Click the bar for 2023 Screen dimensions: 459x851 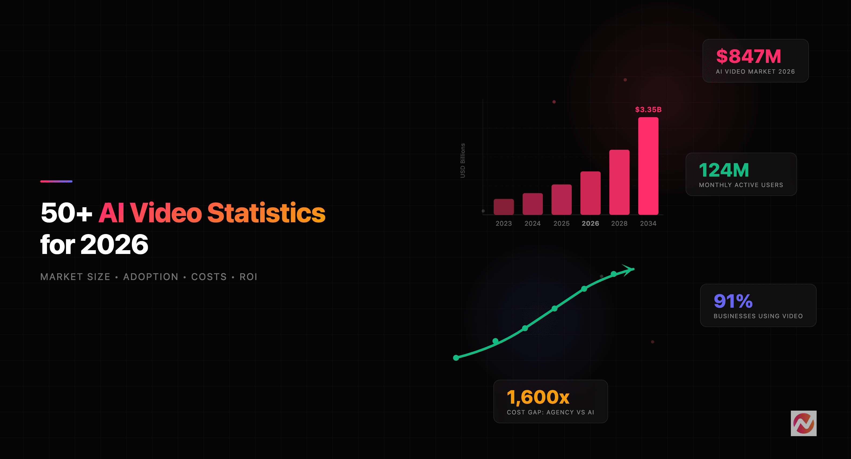503,207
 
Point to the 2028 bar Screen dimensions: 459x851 619,182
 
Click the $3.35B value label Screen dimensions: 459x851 648,109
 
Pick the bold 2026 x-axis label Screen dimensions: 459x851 590,224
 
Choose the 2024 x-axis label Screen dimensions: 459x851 533,224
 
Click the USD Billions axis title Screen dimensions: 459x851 463,160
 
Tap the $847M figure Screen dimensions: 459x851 749,56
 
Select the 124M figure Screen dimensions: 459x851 724,170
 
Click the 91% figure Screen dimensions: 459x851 733,301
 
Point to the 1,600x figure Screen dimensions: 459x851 538,397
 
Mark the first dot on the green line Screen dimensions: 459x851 456,358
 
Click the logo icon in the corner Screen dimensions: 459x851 803,423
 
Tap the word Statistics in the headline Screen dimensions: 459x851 266,213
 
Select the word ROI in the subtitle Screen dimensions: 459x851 248,277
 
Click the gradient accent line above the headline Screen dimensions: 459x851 56,181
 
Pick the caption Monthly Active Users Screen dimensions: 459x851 741,185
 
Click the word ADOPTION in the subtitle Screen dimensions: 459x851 151,277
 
